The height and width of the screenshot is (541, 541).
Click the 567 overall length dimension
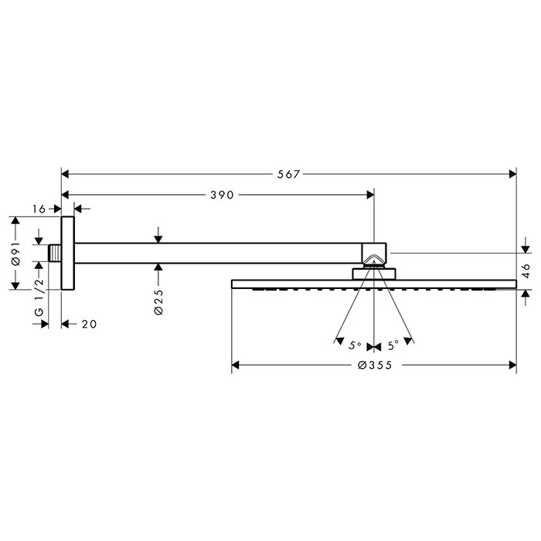tap(289, 174)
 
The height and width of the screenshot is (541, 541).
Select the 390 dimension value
tap(223, 195)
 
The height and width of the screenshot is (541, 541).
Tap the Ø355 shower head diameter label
tap(375, 365)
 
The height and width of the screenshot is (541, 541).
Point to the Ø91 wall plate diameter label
tap(15, 253)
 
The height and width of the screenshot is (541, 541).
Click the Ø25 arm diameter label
tap(158, 302)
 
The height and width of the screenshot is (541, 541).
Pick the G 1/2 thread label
tap(39, 297)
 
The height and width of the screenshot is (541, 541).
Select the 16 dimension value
tap(39, 209)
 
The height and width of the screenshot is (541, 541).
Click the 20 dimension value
tap(90, 324)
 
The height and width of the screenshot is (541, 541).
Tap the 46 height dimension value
tap(526, 270)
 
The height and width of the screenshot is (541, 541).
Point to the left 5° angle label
tap(355, 345)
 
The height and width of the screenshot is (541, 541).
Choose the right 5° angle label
tap(393, 345)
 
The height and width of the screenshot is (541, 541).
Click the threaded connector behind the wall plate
tap(55, 253)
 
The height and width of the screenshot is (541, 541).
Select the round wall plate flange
tap(68, 253)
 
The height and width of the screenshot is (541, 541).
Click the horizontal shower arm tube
tap(218, 253)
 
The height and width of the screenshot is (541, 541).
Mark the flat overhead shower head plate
tap(374, 284)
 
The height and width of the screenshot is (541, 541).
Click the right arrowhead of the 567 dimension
tap(512, 174)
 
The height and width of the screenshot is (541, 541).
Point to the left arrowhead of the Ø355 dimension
tap(235, 365)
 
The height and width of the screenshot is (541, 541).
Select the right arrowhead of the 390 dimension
tap(370, 195)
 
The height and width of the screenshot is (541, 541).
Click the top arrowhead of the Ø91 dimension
tap(15, 220)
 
